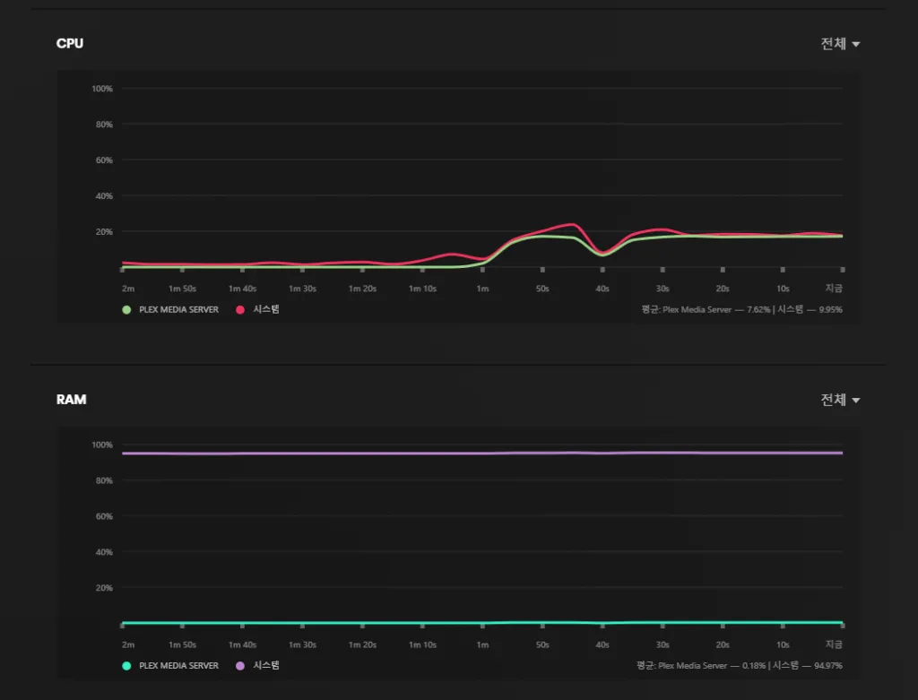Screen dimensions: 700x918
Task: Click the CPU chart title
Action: [x=70, y=43]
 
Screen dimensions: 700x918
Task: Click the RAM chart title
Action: [x=72, y=399]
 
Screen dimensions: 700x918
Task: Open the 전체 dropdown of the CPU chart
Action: [x=840, y=44]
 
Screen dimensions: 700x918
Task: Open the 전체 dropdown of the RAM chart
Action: [x=840, y=400]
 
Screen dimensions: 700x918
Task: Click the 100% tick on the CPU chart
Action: [x=102, y=89]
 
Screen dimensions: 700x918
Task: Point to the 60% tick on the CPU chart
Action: [x=104, y=160]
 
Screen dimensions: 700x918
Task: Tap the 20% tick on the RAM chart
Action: [x=104, y=588]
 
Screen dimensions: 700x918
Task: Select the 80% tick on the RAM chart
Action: [x=104, y=480]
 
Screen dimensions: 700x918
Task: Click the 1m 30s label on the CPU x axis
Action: [x=302, y=289]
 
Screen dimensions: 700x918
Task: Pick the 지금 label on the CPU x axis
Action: [x=834, y=289]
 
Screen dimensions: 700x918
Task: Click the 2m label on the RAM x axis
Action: [x=128, y=644]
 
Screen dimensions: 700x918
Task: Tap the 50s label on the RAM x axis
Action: [x=542, y=644]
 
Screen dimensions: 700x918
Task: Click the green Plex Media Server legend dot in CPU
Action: [x=126, y=309]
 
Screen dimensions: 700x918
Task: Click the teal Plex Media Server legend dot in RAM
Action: [x=126, y=665]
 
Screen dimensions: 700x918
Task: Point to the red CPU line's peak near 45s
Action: [x=571, y=224]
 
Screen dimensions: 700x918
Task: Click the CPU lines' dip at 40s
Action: [x=602, y=254]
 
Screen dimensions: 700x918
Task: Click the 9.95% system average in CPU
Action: [x=830, y=309]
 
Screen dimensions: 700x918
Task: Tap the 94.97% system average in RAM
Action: [x=828, y=665]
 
